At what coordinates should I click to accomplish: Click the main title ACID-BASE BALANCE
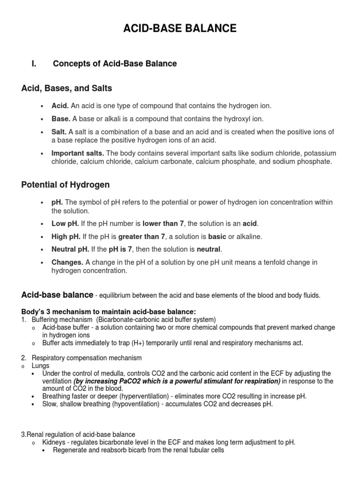pyautogui.click(x=180, y=29)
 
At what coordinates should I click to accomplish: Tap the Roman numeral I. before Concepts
pyautogui.click(x=34, y=64)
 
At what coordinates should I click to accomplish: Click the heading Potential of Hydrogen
pyautogui.click(x=66, y=185)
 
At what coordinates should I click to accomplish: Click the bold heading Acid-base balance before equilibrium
pyautogui.click(x=57, y=295)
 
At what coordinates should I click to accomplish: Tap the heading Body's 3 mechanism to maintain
pyautogui.click(x=108, y=312)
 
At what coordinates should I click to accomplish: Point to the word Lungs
pyautogui.click(x=40, y=366)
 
